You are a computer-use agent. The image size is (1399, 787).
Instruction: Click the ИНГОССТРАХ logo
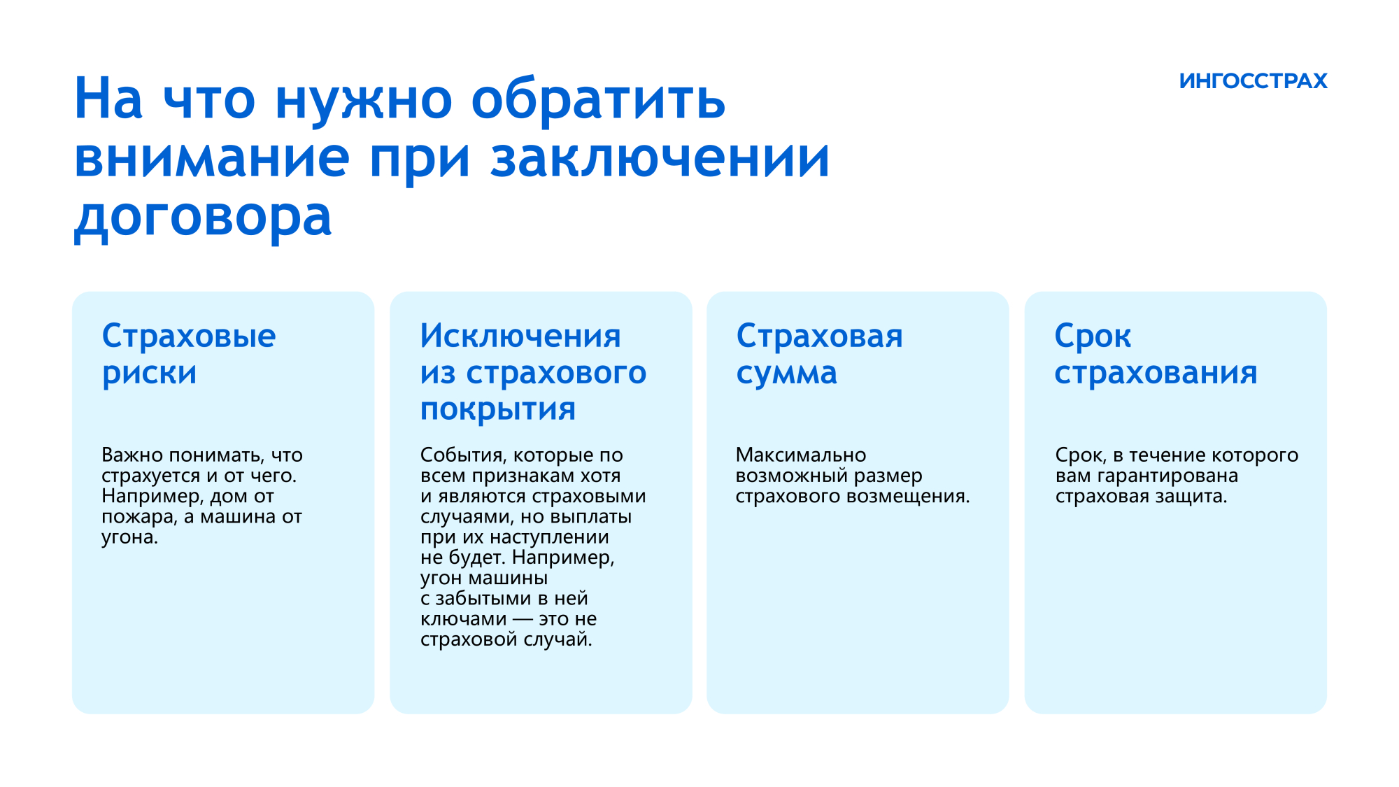(x=1253, y=81)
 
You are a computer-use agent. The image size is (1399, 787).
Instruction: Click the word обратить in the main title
(x=599, y=99)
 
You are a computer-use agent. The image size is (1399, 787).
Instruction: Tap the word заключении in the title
(x=660, y=158)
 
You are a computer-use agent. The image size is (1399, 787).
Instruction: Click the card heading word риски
(x=150, y=372)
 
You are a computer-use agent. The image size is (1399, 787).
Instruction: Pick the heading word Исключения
(x=520, y=336)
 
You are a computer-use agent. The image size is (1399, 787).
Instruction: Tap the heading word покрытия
(x=498, y=409)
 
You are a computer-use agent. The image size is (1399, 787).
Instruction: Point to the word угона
(x=130, y=537)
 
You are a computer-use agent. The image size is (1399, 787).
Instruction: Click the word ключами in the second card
(x=464, y=619)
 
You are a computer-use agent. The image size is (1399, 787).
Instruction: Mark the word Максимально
(x=801, y=455)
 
